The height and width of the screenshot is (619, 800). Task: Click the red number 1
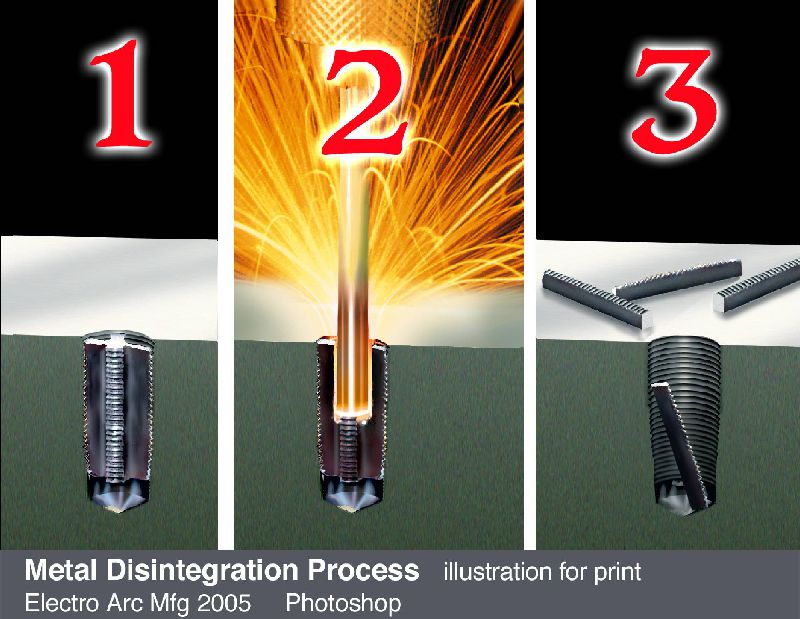(121, 94)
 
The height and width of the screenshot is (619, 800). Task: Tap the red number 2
(366, 101)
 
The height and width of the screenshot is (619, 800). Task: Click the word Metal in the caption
(61, 570)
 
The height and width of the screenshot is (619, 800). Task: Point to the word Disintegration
(202, 571)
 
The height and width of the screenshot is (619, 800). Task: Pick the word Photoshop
(343, 604)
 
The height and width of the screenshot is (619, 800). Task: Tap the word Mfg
(171, 604)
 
